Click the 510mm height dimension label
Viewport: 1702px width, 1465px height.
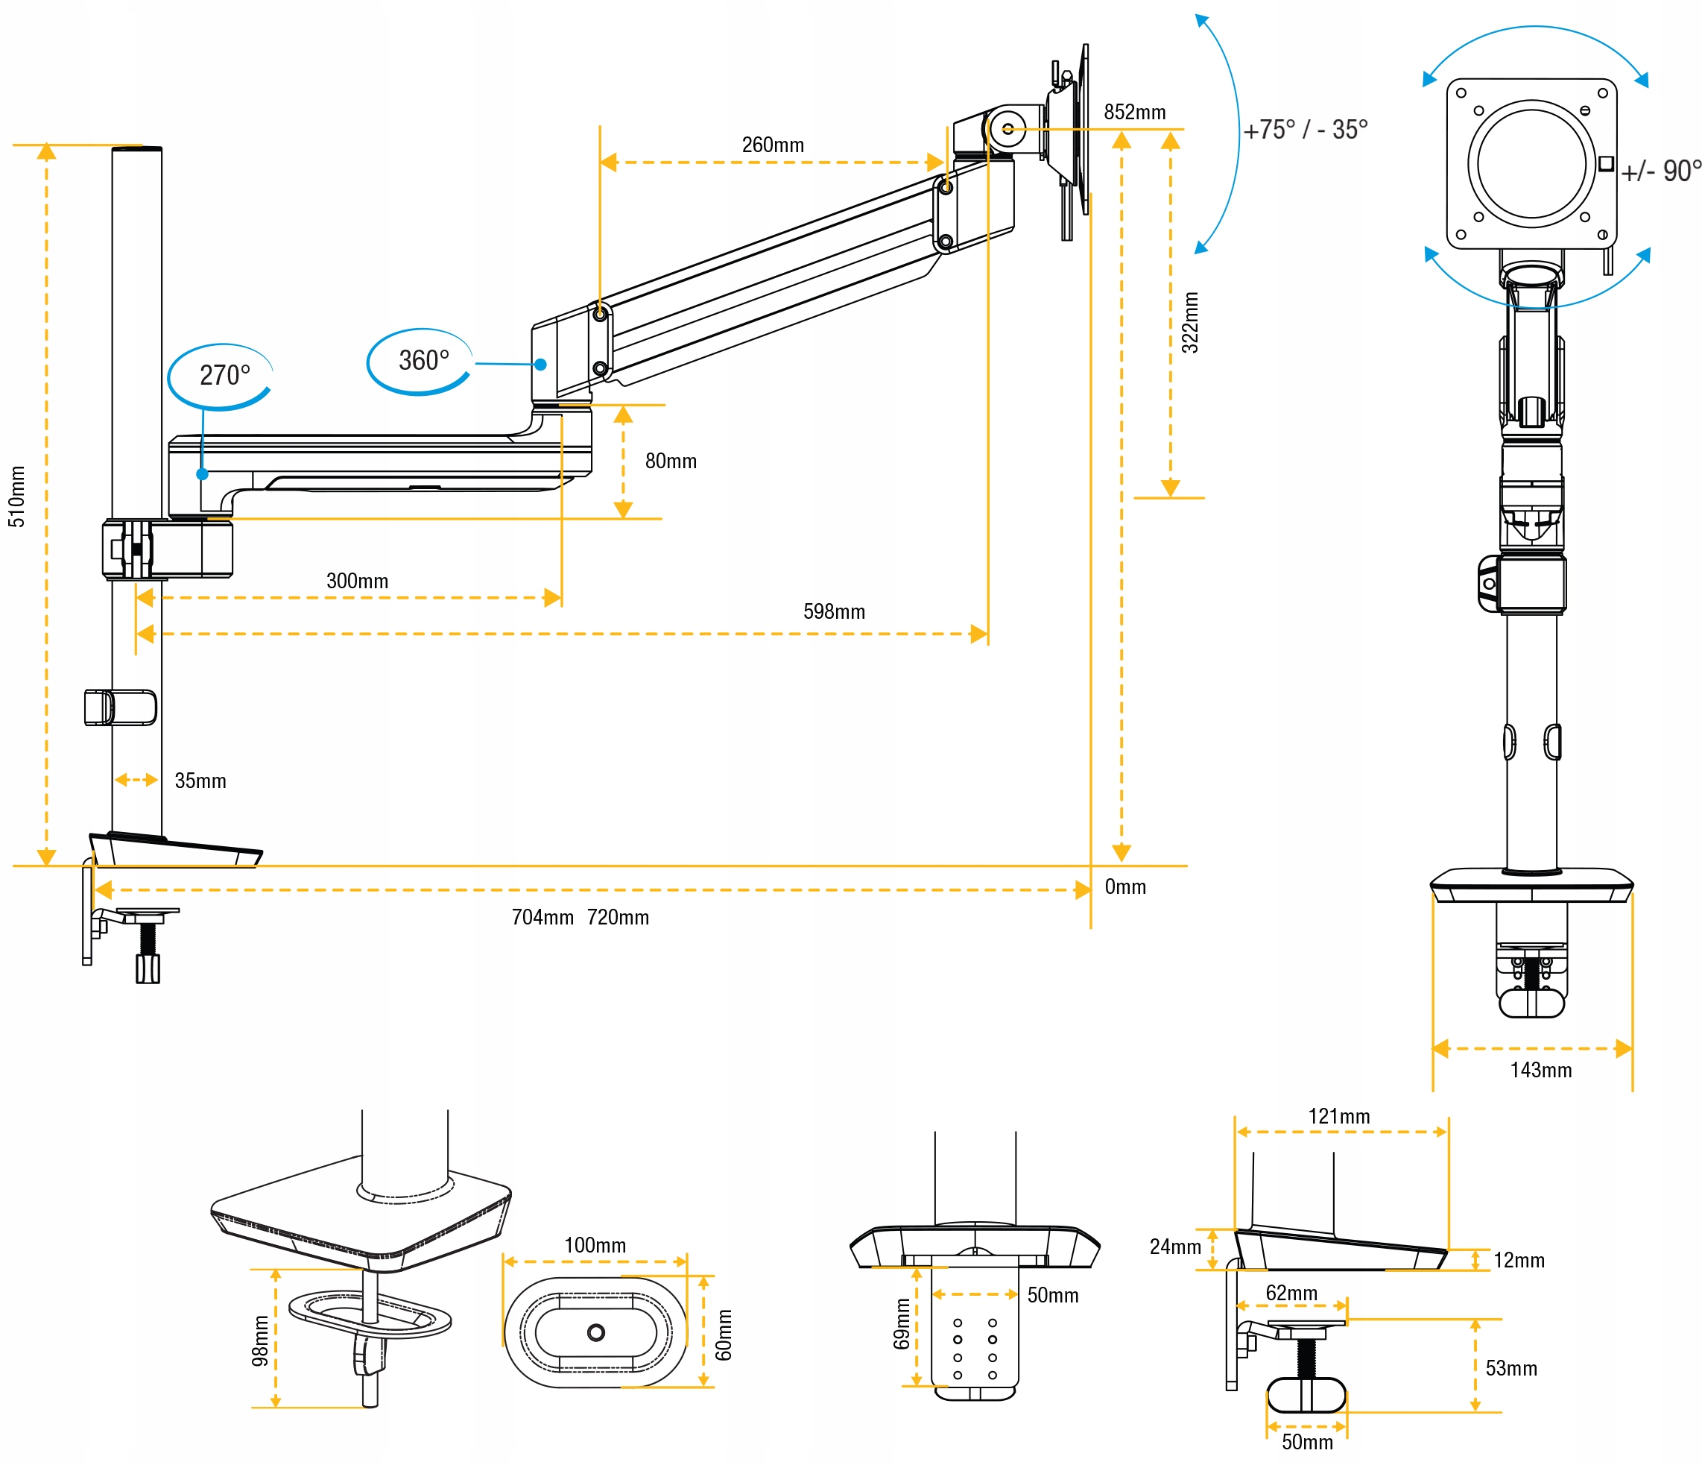(x=16, y=497)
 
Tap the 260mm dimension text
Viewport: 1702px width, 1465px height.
(x=772, y=145)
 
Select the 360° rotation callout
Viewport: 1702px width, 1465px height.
(x=423, y=361)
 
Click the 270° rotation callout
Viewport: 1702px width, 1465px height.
(x=224, y=376)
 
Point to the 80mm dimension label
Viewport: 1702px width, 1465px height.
(x=670, y=461)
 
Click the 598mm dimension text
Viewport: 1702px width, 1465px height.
(x=834, y=611)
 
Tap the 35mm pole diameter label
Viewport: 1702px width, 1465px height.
(x=200, y=781)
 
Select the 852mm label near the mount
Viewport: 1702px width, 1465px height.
(x=1134, y=113)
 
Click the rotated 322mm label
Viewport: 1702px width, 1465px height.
(x=1189, y=323)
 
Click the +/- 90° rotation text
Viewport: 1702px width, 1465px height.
(x=1660, y=171)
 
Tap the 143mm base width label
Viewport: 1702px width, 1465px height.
(x=1540, y=1070)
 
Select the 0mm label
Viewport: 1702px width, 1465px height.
(x=1124, y=886)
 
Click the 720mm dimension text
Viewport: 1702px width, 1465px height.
(x=618, y=917)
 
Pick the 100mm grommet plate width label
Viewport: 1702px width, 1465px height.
(x=595, y=1245)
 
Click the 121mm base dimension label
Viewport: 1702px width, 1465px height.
(x=1339, y=1116)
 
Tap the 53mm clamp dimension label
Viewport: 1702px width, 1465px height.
(x=1510, y=1368)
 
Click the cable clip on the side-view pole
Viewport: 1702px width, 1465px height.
(x=120, y=708)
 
